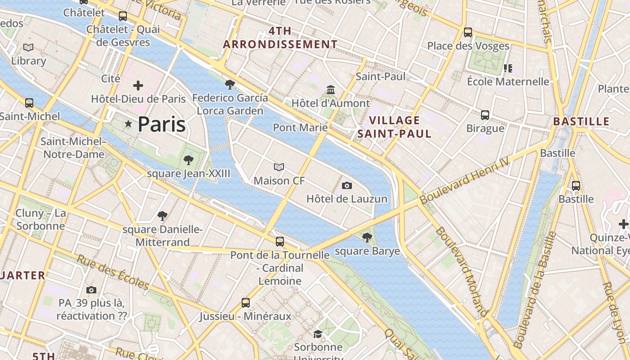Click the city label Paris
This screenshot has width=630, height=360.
pyautogui.click(x=162, y=124)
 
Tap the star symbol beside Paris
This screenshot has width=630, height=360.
pyautogui.click(x=128, y=124)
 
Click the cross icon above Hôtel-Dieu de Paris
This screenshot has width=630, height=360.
pyautogui.click(x=138, y=85)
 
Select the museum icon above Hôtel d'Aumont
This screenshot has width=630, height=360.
pyautogui.click(x=331, y=90)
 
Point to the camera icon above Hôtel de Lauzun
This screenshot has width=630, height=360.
pyautogui.click(x=346, y=185)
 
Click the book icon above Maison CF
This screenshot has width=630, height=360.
pyautogui.click(x=279, y=167)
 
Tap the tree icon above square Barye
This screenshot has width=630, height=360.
pyautogui.click(x=367, y=237)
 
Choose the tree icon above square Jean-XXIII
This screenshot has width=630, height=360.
pyautogui.click(x=189, y=160)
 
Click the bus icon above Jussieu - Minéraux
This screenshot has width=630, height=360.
pyautogui.click(x=245, y=302)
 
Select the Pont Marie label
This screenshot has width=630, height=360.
pyautogui.click(x=300, y=127)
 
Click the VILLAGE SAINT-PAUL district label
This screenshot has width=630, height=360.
pyautogui.click(x=394, y=127)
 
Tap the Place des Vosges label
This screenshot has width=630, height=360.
pyautogui.click(x=468, y=46)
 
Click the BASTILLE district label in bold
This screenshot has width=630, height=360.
pyautogui.click(x=581, y=121)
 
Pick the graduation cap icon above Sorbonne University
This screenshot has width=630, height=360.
pyautogui.click(x=318, y=334)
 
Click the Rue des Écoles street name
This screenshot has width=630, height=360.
pyautogui.click(x=112, y=272)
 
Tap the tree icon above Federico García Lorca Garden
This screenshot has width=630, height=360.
pyautogui.click(x=229, y=84)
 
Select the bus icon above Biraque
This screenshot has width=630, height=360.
pyautogui.click(x=485, y=115)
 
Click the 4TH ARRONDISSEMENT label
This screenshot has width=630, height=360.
pyautogui.click(x=280, y=38)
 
